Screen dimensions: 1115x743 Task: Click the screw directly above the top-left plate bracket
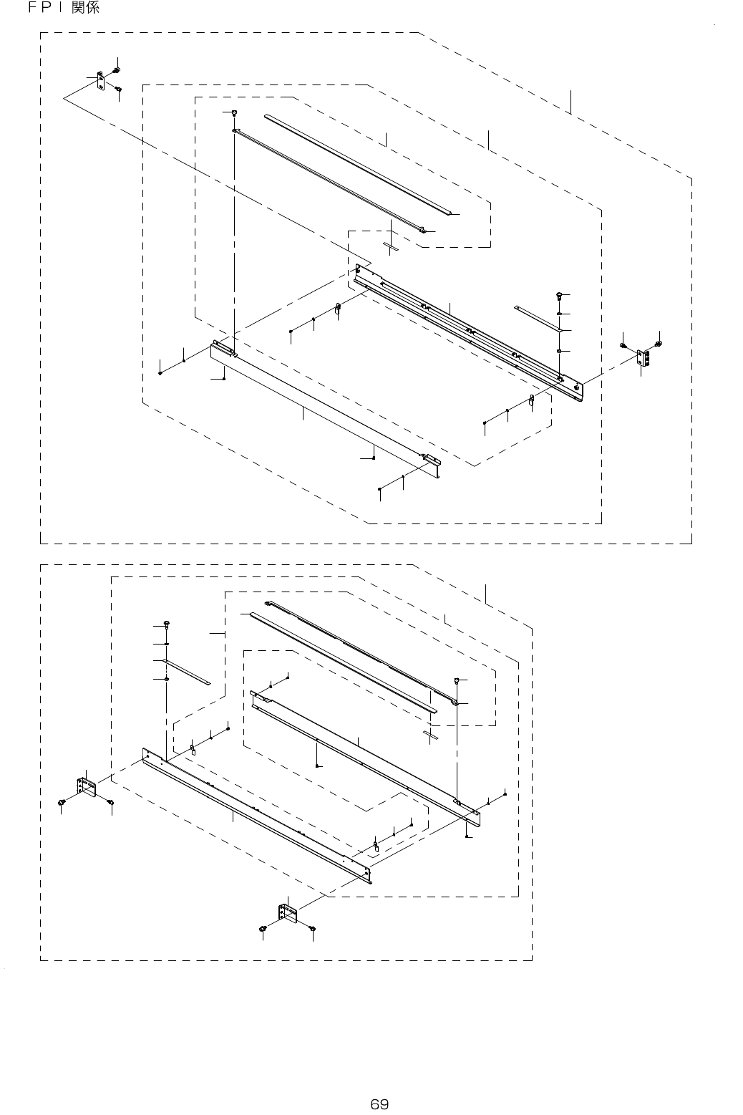116,69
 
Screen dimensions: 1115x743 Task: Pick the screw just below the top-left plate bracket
119,90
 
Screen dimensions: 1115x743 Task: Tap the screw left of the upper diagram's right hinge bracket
624,346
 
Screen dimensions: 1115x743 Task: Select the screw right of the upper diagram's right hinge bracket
658,345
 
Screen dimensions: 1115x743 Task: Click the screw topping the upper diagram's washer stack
558,294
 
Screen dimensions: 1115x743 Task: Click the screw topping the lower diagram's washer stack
167,623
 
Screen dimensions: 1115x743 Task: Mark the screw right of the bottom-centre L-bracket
312,928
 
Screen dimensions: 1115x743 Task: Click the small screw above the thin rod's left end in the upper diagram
234,112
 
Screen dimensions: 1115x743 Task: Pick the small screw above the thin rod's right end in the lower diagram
456,679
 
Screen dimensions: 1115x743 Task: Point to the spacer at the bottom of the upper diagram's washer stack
558,352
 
